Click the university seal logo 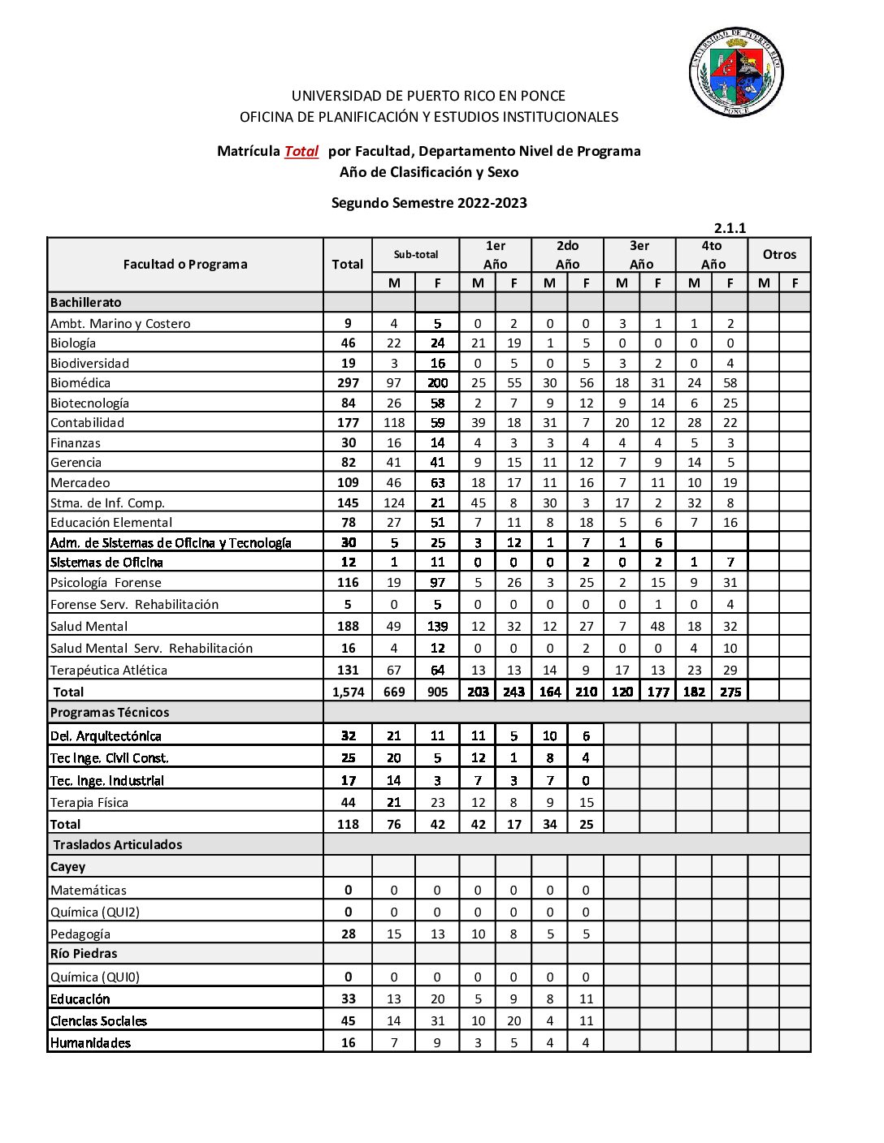click(x=736, y=71)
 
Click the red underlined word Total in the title click(x=301, y=151)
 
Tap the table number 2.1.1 click(x=730, y=228)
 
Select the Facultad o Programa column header click(x=185, y=264)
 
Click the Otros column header click(x=779, y=255)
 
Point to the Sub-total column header click(x=415, y=255)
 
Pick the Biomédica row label click(x=80, y=383)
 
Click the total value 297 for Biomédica click(x=348, y=383)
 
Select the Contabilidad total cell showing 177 click(x=348, y=423)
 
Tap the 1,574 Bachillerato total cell click(x=348, y=692)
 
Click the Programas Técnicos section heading click(x=110, y=713)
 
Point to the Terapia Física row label click(x=89, y=803)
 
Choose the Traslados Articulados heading click(x=118, y=845)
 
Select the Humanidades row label click(x=90, y=1043)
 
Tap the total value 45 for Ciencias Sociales click(x=348, y=1021)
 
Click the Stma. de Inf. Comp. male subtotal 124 click(x=394, y=503)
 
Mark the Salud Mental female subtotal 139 click(x=437, y=627)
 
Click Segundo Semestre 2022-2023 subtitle click(x=429, y=203)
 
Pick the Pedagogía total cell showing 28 click(x=348, y=934)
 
